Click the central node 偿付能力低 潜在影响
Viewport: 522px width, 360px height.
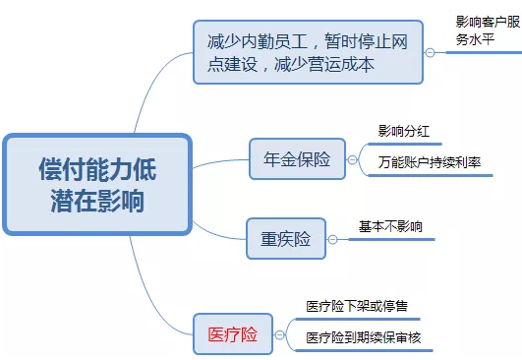(96, 185)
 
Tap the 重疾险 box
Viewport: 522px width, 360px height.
(284, 239)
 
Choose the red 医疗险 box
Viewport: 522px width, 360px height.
(232, 333)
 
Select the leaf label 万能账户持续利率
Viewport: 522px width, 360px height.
(429, 162)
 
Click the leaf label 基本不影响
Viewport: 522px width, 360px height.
(390, 227)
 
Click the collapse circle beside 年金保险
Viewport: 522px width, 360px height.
(352, 159)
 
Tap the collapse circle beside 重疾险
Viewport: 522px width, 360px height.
(333, 239)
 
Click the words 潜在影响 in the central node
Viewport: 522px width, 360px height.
(96, 202)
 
